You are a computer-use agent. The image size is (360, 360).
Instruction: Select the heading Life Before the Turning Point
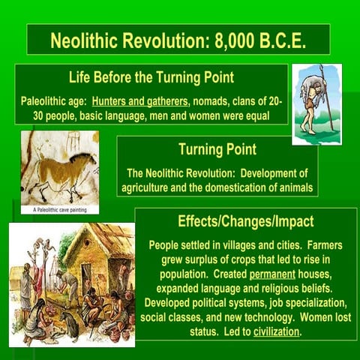pos(151,77)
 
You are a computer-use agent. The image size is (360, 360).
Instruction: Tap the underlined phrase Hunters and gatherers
pos(142,100)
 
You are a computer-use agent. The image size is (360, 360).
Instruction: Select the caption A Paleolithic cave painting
pos(60,209)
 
